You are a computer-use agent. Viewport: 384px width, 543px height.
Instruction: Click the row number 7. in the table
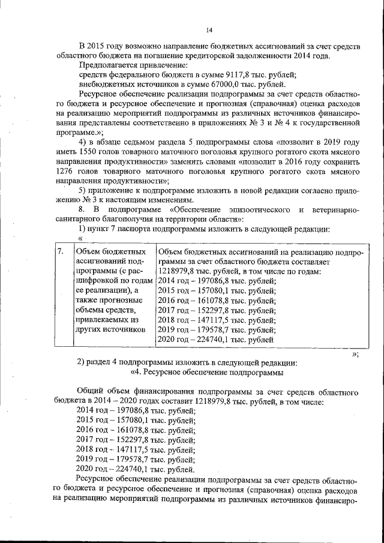tap(61, 252)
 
